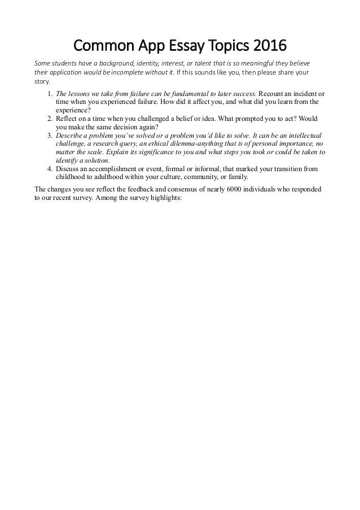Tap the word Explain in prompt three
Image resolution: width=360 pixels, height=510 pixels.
(x=120, y=152)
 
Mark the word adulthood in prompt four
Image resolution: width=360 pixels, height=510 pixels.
(x=106, y=178)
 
